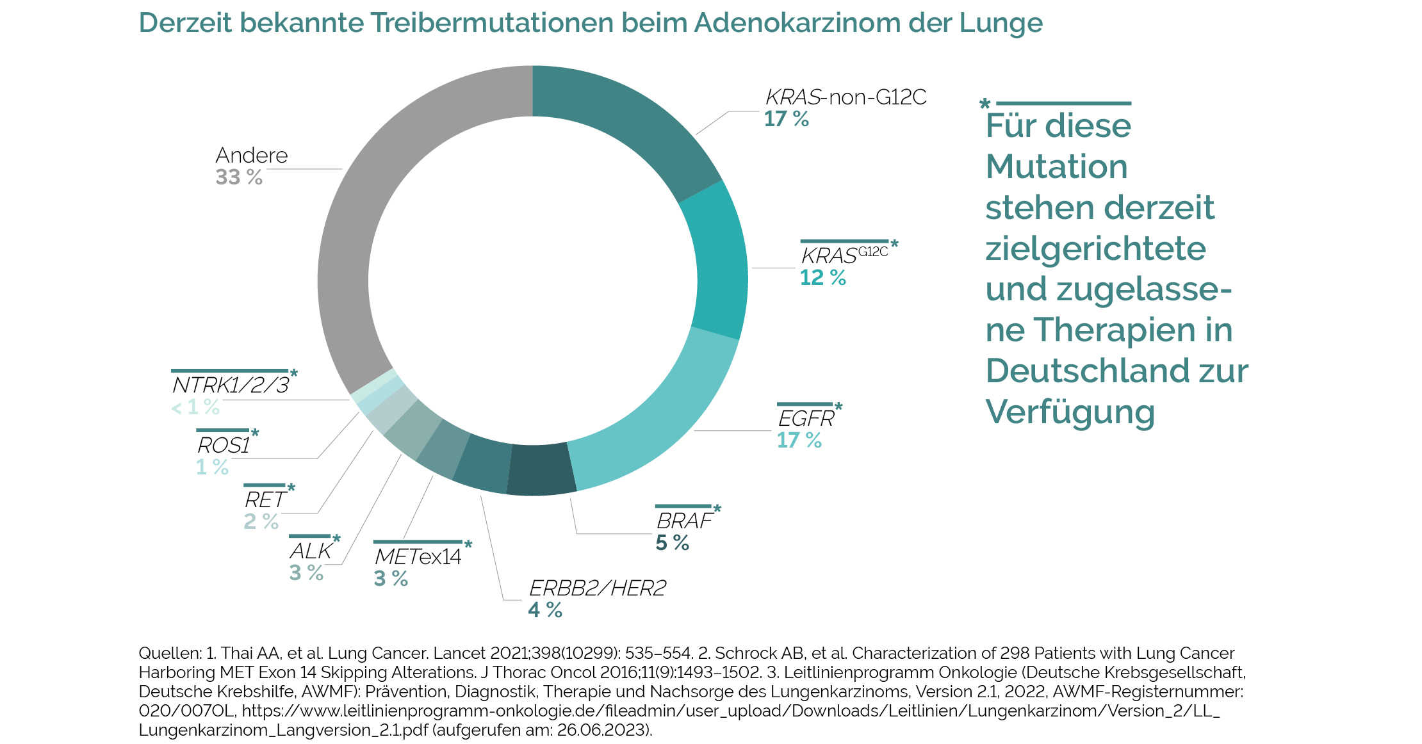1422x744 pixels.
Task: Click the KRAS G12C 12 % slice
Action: pyautogui.click(x=721, y=263)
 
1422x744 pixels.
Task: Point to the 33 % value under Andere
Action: pyautogui.click(x=238, y=177)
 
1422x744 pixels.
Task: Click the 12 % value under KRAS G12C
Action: pyautogui.click(x=822, y=278)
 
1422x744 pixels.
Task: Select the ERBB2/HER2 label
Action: pyautogui.click(x=597, y=588)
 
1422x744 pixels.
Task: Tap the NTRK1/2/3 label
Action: pyautogui.click(x=231, y=385)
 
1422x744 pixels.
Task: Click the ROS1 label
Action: pyautogui.click(x=223, y=445)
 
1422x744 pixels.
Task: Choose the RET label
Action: pyautogui.click(x=264, y=499)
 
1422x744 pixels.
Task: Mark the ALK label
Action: pyautogui.click(x=310, y=551)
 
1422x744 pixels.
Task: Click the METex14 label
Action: pyautogui.click(x=418, y=556)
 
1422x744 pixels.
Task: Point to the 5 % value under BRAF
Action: pyautogui.click(x=672, y=543)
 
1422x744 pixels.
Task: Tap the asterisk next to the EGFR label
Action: pyautogui.click(x=838, y=407)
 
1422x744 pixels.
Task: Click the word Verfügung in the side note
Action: pyautogui.click(x=1070, y=412)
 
